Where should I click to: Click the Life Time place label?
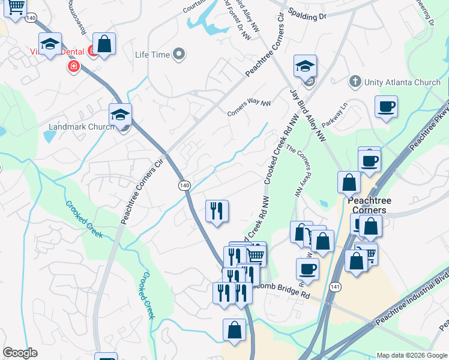152,55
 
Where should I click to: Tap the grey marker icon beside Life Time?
179,55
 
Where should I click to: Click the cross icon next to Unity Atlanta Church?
355,81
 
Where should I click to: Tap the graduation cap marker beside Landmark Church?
120,114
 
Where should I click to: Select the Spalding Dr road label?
307,14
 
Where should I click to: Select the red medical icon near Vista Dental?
74,66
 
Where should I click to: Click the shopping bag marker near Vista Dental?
104,44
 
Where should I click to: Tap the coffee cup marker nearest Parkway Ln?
386,107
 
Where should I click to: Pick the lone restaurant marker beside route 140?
216,211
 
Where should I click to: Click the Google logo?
20,353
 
